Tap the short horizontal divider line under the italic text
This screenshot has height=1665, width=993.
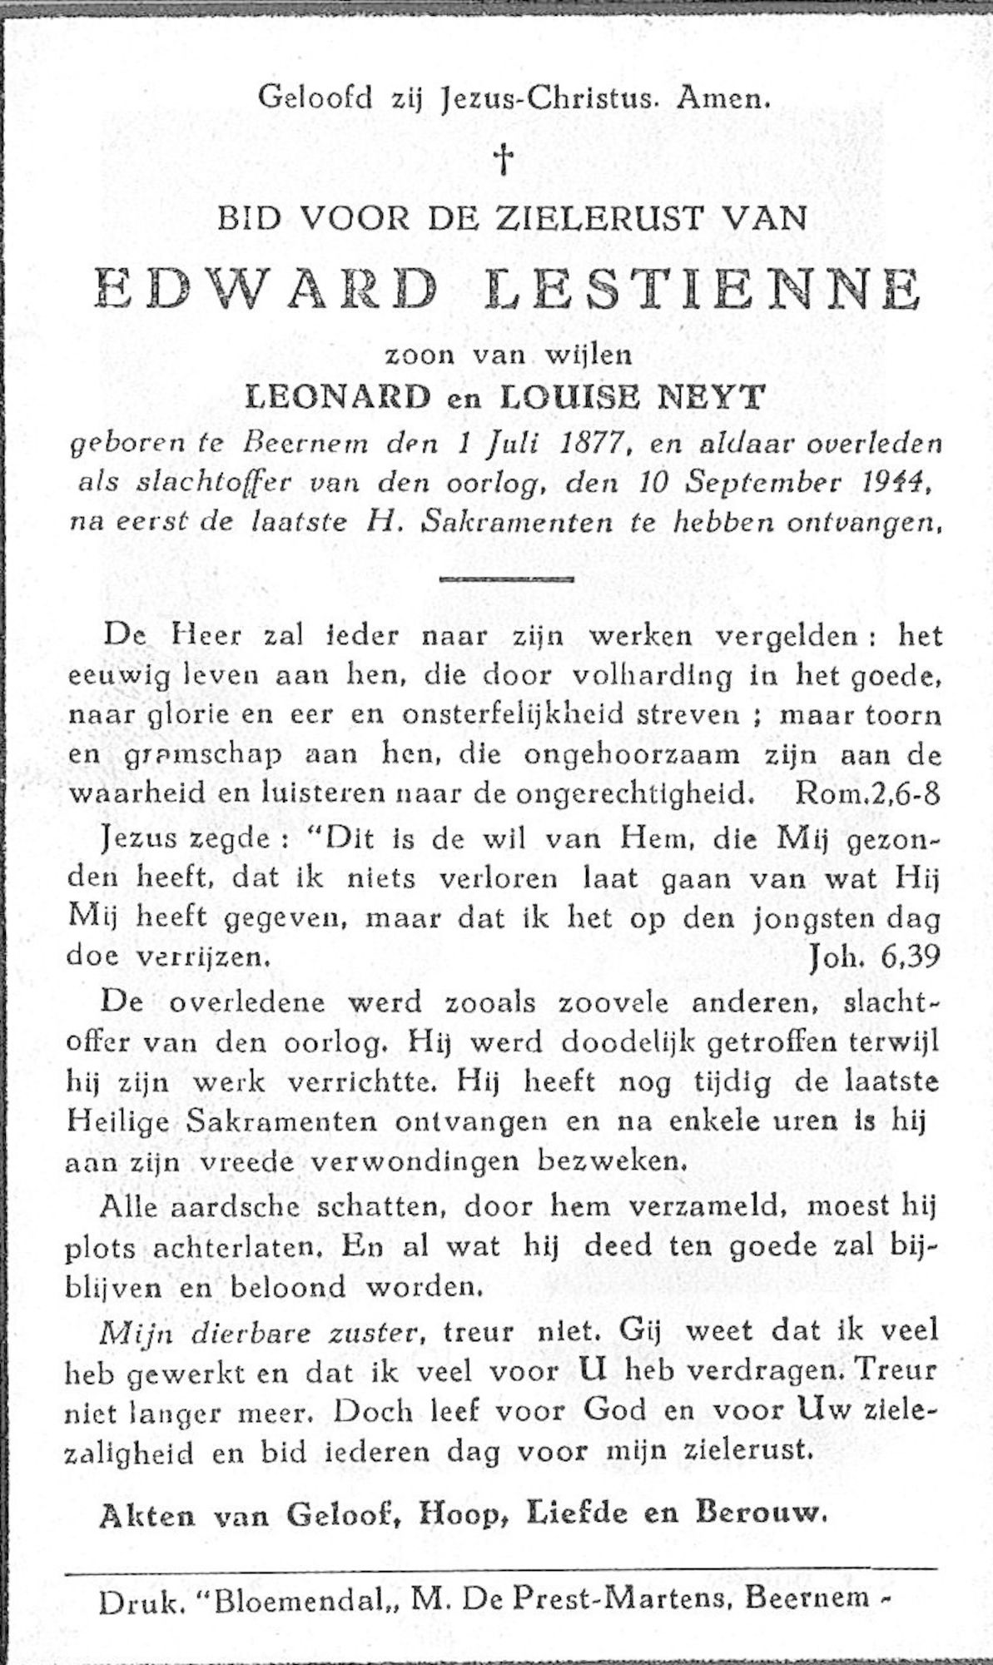[505, 578]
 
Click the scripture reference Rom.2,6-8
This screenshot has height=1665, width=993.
[867, 793]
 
